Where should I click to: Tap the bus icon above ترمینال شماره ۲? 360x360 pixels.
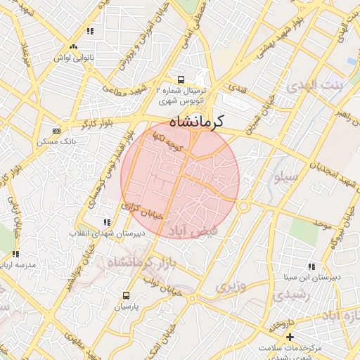181,79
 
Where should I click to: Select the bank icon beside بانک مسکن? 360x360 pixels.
57,131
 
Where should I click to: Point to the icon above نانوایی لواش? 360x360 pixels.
89,32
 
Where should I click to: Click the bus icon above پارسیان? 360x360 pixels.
127,295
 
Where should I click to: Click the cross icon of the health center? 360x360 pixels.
290,337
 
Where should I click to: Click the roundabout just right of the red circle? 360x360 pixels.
244,207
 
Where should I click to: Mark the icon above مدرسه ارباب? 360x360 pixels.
15,255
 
